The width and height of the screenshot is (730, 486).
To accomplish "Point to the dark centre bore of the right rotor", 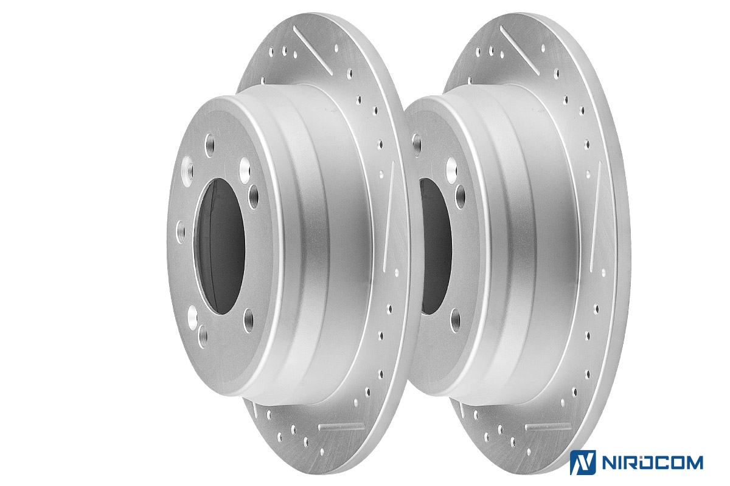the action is click(435, 247).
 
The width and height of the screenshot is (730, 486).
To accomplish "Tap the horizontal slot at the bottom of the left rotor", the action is click(341, 426).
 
